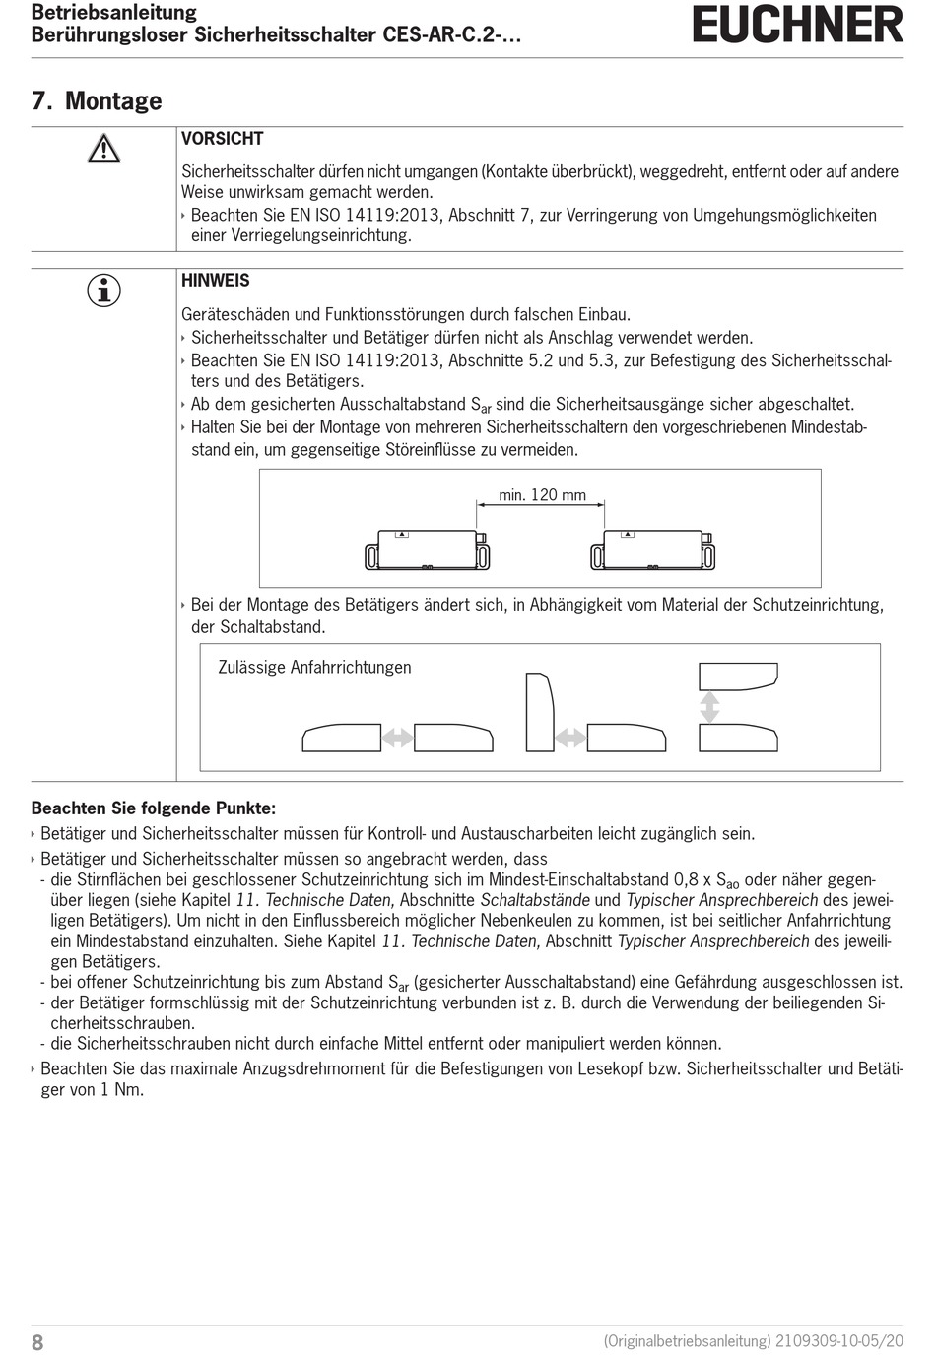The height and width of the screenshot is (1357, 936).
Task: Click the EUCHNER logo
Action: [797, 25]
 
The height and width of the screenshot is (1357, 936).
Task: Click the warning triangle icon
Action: [103, 149]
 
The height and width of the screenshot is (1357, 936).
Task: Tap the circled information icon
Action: [103, 291]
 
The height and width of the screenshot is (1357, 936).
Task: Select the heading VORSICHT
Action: [222, 139]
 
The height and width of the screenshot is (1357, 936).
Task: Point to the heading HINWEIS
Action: [216, 281]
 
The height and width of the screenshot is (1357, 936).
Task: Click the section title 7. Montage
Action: [97, 101]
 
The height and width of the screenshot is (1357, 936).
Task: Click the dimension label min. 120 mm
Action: [542, 495]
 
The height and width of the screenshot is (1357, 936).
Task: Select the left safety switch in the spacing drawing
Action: [428, 549]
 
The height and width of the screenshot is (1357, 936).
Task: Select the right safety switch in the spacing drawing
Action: [652, 549]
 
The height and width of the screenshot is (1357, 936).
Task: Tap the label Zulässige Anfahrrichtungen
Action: [314, 668]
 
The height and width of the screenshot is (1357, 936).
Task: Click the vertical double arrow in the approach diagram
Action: [709, 707]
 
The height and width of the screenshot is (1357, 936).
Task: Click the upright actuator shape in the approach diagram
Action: [539, 712]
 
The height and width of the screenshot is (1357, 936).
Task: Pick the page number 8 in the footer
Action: [37, 1342]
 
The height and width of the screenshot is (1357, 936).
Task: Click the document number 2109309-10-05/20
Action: [839, 1341]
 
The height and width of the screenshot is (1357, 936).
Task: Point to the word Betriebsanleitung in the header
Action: [114, 13]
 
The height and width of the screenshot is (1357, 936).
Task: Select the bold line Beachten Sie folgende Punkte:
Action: [154, 808]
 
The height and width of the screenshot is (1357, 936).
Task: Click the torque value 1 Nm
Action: [121, 1090]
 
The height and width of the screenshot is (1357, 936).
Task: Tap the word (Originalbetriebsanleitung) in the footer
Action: [687, 1341]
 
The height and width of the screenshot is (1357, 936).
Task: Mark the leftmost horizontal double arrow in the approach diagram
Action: [397, 737]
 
